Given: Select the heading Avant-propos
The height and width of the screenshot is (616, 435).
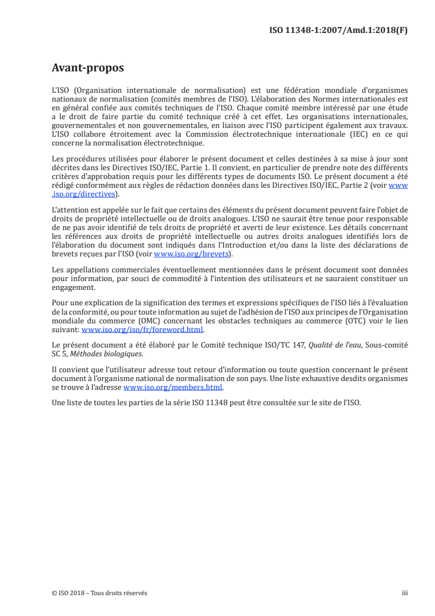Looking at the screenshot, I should [87, 68].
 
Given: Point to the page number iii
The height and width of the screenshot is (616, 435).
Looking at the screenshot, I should [405, 593].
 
